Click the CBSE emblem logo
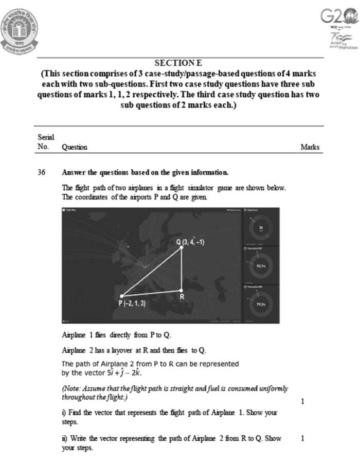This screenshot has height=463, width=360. pos(20,28)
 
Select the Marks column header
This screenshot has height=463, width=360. pos(310,147)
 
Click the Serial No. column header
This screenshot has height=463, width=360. pos(44,142)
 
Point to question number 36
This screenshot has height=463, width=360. pos(43,172)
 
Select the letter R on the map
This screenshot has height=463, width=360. pos(182,296)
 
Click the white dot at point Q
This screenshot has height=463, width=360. pos(181,248)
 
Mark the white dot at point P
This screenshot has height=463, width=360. pos(122,296)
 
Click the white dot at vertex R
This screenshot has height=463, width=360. pos(181,289)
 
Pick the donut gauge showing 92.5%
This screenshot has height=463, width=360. pos(261,266)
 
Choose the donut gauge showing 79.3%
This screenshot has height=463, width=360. pos(261,304)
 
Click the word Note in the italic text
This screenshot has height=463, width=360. pos(71,388)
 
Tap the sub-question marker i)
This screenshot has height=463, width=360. pos(64,413)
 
